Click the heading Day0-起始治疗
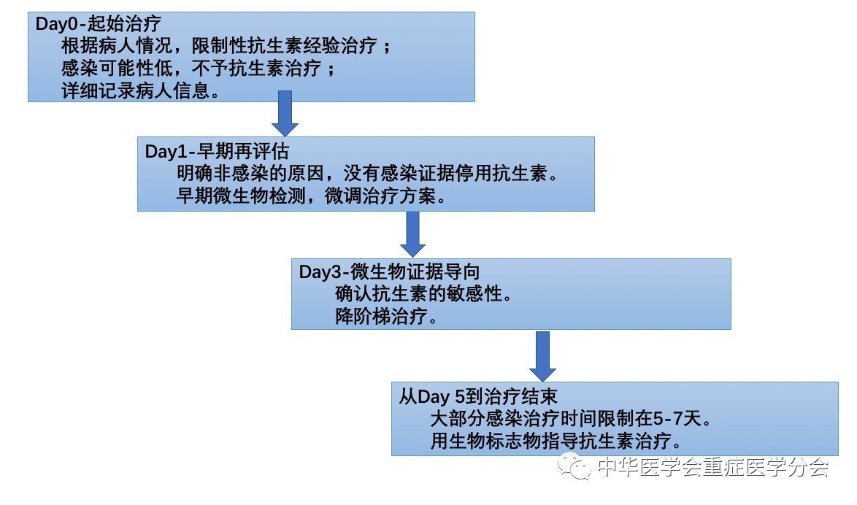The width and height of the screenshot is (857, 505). [99, 23]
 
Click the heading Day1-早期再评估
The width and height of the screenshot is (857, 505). [217, 151]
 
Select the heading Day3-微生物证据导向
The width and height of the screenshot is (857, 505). [389, 271]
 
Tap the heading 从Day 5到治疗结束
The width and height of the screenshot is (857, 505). [478, 396]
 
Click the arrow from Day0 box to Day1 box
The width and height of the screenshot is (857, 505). [285, 114]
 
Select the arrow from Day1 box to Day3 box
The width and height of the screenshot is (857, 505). [412, 234]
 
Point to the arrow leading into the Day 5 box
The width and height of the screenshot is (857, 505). [542, 356]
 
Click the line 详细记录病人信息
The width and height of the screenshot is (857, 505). [141, 90]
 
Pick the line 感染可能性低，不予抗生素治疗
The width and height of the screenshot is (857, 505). [199, 69]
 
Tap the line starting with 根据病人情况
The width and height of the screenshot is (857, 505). [226, 46]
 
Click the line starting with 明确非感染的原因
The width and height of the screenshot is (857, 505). [368, 174]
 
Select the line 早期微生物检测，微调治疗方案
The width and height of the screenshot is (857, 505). [312, 196]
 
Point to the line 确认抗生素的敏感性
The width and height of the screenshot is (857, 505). [424, 294]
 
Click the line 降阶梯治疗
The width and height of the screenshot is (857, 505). [386, 317]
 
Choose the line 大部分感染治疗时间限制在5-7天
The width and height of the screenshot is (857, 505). [572, 419]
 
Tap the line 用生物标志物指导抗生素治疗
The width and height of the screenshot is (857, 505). [556, 441]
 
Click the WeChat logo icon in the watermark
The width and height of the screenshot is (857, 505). [574, 466]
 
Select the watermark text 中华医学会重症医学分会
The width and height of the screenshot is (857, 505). [713, 467]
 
